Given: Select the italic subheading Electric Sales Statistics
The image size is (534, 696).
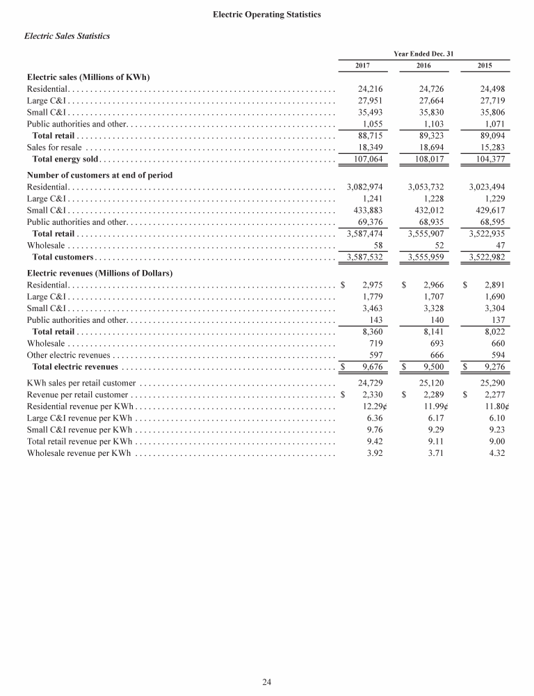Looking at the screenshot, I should tap(67, 35).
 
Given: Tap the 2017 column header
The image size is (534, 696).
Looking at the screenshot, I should tap(362, 65).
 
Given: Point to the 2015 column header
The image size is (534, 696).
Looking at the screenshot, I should tap(485, 65).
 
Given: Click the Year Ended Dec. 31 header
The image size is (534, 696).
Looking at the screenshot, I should tap(423, 53).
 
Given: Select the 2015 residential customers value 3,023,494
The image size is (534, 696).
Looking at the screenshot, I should tap(482, 187).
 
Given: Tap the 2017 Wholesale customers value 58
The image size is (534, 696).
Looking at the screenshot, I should tap(379, 246).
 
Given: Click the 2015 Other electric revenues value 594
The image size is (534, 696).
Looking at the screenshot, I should tap(494, 355).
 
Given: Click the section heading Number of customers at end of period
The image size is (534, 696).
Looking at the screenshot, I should tap(99, 175).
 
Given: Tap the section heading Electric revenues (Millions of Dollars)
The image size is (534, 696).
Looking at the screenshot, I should tap(99, 273).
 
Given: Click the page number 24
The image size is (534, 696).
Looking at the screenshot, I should tap(266, 681).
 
